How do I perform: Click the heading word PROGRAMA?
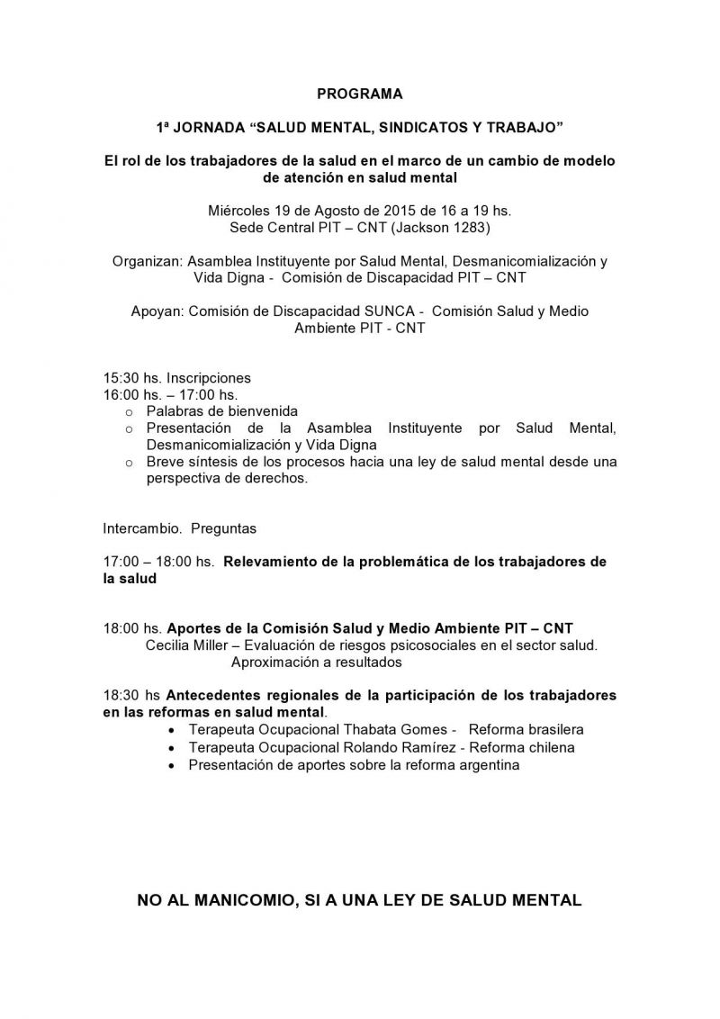point(360,93)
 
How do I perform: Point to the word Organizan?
point(147,261)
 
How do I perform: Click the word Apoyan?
point(157,311)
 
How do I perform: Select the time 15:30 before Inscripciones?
point(122,378)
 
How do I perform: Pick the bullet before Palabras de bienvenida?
point(129,411)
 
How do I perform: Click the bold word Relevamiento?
point(268,562)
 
